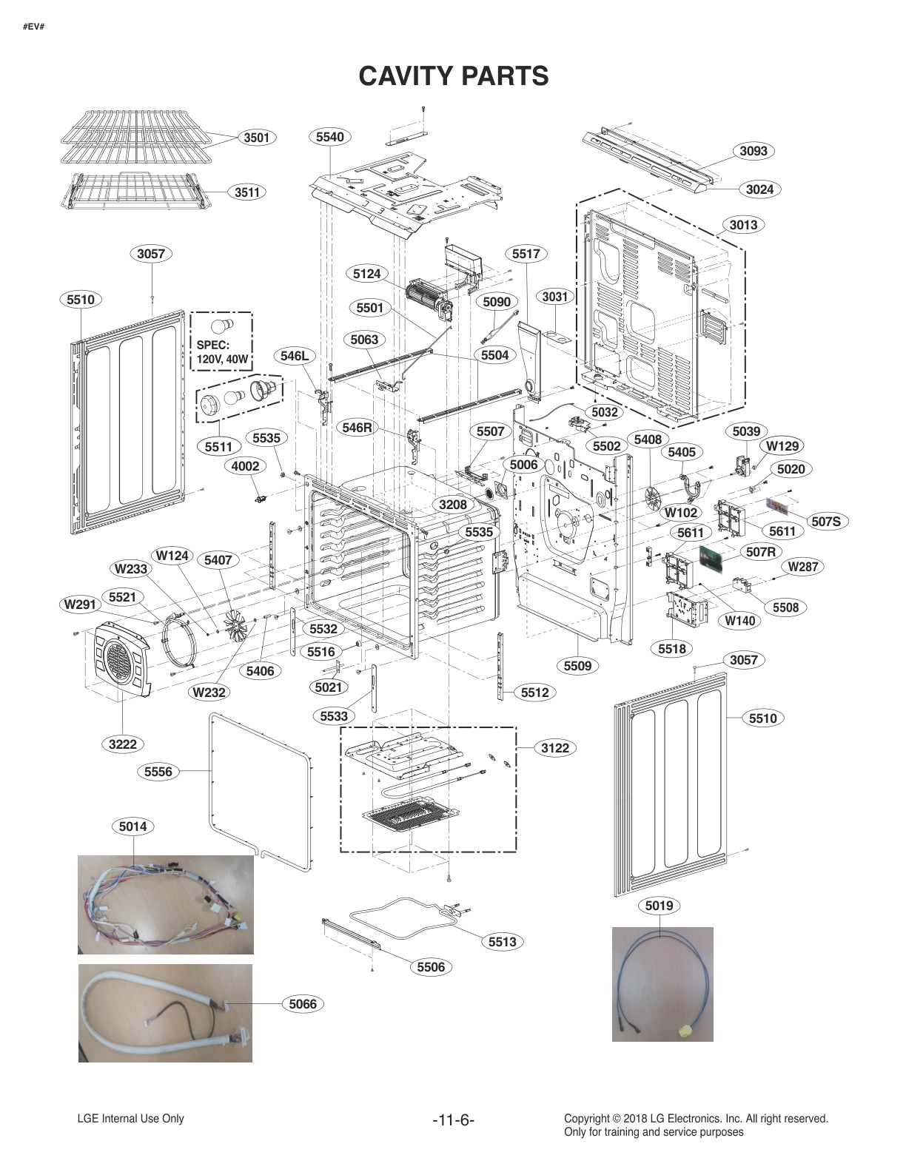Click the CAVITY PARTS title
pyautogui.click(x=453, y=75)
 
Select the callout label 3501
pyautogui.click(x=257, y=137)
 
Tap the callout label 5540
pyautogui.click(x=329, y=136)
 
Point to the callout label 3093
pyautogui.click(x=754, y=151)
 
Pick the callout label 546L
pyautogui.click(x=294, y=356)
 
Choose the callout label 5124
pyautogui.click(x=366, y=274)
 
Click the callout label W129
pyautogui.click(x=782, y=446)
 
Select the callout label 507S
pyautogui.click(x=826, y=522)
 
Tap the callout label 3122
pyautogui.click(x=554, y=748)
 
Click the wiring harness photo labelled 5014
pyautogui.click(x=166, y=904)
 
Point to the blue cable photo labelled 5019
pyautogui.click(x=662, y=984)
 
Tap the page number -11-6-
pyautogui.click(x=453, y=1120)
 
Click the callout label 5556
pyautogui.click(x=158, y=772)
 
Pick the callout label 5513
pyautogui.click(x=502, y=942)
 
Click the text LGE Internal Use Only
pyautogui.click(x=130, y=1119)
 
